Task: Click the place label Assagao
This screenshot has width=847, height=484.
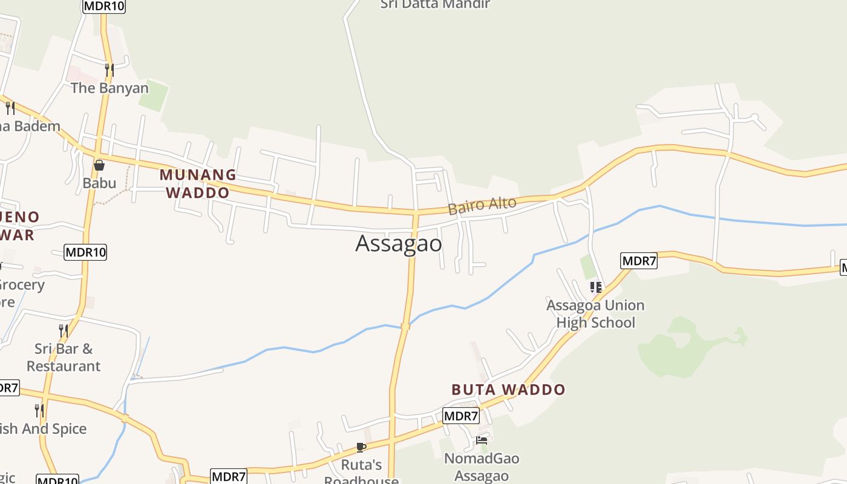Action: click(x=399, y=243)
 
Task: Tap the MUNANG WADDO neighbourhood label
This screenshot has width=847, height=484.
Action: click(x=198, y=184)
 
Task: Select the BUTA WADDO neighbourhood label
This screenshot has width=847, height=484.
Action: click(x=508, y=390)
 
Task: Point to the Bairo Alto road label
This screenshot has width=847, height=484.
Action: click(x=482, y=205)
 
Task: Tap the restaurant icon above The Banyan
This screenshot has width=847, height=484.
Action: click(x=109, y=70)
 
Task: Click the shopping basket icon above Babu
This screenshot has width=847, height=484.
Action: click(x=99, y=165)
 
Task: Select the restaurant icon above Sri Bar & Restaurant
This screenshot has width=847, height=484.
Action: click(x=64, y=330)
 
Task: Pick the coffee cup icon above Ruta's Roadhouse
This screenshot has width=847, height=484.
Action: click(x=361, y=447)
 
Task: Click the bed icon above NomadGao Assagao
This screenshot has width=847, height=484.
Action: click(x=482, y=440)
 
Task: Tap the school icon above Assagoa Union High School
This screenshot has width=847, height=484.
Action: click(x=596, y=287)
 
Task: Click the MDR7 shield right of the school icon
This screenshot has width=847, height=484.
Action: click(x=639, y=261)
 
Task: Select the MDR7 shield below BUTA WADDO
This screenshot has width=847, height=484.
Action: click(x=461, y=416)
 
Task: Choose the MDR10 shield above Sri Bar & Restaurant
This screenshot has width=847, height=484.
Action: click(x=85, y=252)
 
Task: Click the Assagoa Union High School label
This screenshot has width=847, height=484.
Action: click(x=595, y=313)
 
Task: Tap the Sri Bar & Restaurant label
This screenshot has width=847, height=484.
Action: click(x=63, y=357)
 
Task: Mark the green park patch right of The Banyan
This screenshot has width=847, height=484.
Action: click(x=154, y=96)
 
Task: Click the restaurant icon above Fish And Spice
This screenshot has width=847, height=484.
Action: click(x=39, y=411)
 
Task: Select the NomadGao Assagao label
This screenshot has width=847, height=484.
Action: click(x=482, y=467)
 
